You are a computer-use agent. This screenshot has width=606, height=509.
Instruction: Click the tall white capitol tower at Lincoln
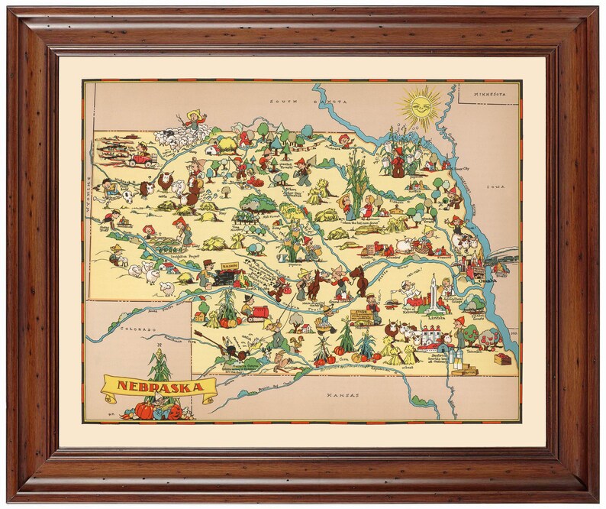point(433,287)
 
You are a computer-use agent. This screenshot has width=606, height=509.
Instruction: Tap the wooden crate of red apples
point(501,358)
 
